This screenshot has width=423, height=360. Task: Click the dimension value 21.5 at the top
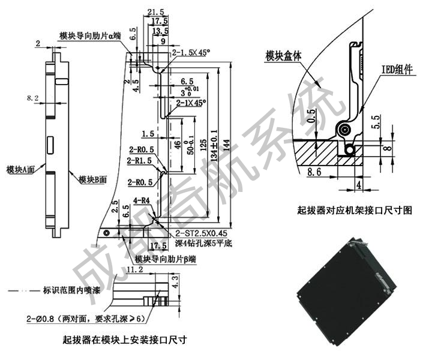[x=155, y=12]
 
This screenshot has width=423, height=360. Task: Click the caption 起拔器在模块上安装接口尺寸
[x=125, y=340]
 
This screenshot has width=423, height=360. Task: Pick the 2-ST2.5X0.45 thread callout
[x=203, y=234]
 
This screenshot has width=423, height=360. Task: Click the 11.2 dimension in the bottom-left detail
[x=135, y=270]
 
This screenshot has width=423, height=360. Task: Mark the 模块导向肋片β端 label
[x=166, y=259]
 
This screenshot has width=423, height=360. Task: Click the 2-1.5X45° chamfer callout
[x=191, y=53]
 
